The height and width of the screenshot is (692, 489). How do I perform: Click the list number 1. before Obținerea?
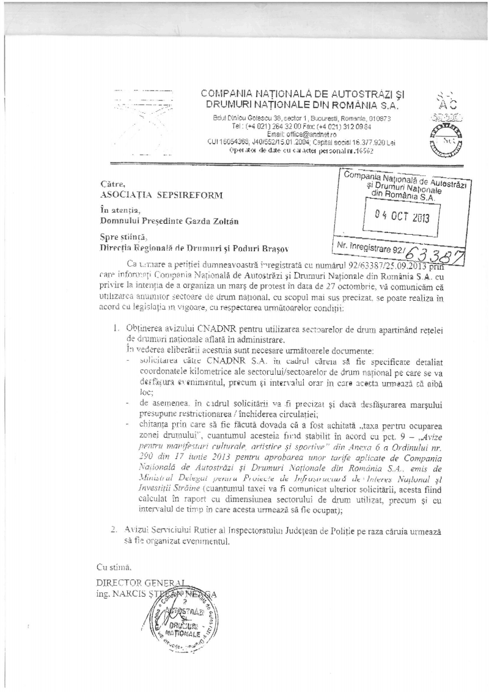(114, 328)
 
